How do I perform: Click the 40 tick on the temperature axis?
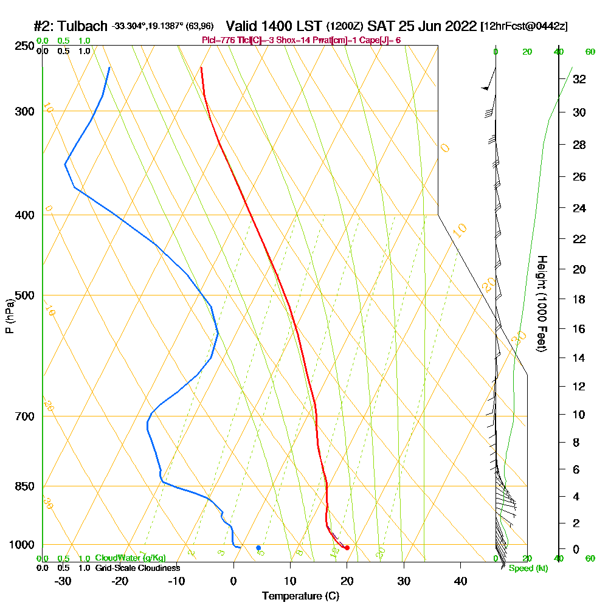460,581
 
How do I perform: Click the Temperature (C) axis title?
300,596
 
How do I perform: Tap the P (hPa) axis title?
9,316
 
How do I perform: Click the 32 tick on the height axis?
579,79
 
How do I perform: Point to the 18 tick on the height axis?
579,299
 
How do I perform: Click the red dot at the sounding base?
347,548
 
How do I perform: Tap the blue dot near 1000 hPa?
258,548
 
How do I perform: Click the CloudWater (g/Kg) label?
130,558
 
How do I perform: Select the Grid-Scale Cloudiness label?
137,568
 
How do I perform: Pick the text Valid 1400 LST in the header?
274,26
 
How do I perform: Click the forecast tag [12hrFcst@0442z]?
523,27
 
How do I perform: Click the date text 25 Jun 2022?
437,26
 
